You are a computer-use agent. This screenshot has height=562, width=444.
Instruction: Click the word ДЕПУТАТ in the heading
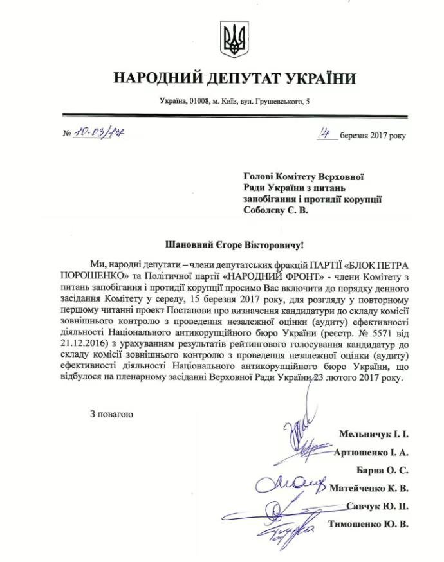point(242,78)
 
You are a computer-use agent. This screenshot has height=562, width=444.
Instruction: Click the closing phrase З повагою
point(111,413)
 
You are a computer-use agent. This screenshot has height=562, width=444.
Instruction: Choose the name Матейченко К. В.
point(369,488)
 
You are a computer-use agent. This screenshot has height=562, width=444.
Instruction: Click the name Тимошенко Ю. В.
point(368,524)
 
